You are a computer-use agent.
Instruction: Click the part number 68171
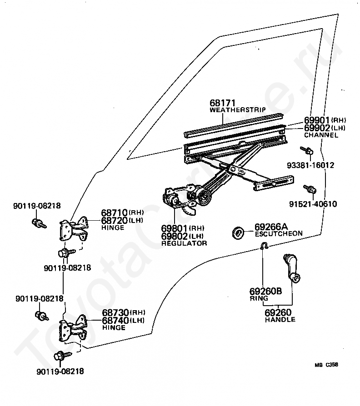point(222,103)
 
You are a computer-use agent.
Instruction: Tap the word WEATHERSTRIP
point(238,110)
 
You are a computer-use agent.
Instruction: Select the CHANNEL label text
point(321,135)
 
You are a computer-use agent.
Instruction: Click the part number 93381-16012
point(310,165)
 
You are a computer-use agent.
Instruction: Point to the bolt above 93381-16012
point(307,150)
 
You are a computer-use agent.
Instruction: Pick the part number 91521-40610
point(313,204)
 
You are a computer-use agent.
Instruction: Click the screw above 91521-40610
point(310,189)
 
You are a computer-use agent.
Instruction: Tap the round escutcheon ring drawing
point(238,233)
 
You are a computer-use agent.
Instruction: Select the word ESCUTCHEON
point(279,233)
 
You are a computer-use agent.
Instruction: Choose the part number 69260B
point(265,291)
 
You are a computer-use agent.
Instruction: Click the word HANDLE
point(280,320)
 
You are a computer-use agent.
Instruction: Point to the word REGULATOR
point(184,243)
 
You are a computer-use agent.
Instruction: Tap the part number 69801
point(174,228)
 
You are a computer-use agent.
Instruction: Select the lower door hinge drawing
point(74,328)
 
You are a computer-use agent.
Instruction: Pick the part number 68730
point(115,312)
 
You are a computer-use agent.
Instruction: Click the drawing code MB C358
point(326,365)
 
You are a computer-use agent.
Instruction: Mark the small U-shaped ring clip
point(264,246)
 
